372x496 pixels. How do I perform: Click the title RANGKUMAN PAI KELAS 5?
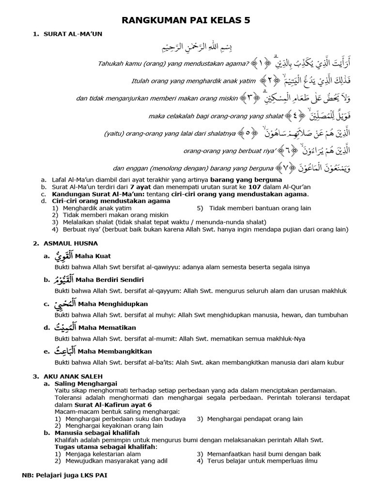pyautogui.click(x=186, y=20)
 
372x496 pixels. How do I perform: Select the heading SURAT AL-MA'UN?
pyautogui.click(x=73, y=33)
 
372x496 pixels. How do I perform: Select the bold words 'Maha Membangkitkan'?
pyautogui.click(x=114, y=351)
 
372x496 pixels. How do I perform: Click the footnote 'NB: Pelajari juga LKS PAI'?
pyautogui.click(x=64, y=476)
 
